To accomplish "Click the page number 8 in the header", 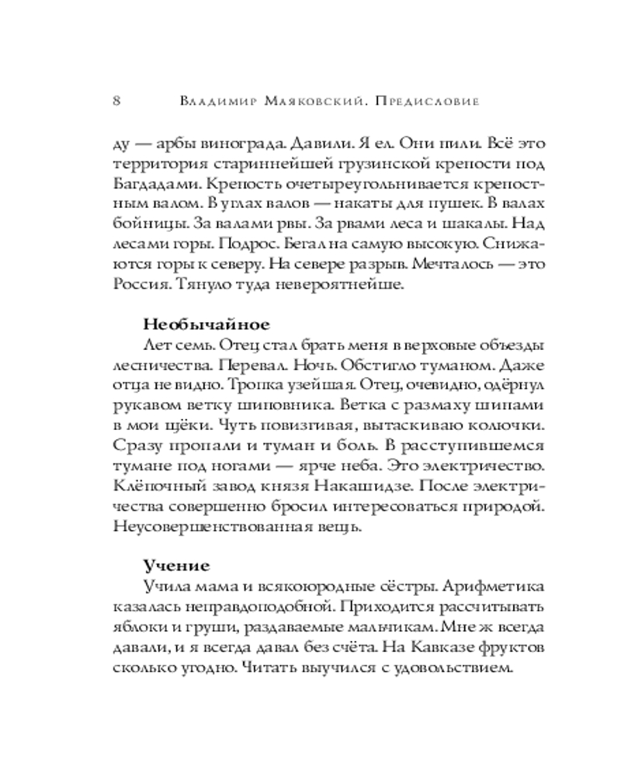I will pyautogui.click(x=116, y=102).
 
